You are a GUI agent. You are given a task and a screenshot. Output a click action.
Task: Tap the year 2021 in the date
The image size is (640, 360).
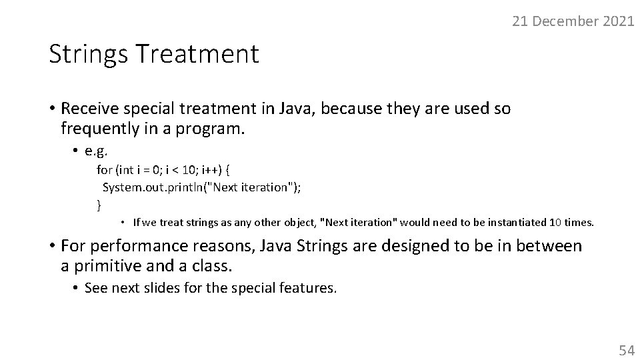click(x=618, y=21)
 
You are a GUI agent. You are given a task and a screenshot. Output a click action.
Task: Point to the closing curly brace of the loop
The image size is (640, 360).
click(x=99, y=204)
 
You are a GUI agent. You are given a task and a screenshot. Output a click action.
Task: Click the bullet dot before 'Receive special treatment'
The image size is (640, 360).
click(x=52, y=109)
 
